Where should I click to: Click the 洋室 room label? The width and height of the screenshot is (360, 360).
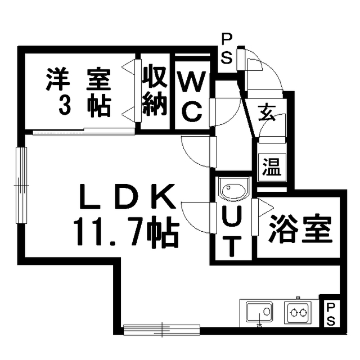tap(79, 79)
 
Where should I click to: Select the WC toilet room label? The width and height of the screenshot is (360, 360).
tap(192, 97)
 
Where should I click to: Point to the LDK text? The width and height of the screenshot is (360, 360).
tap(127, 196)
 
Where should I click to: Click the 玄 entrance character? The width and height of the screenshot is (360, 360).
tap(267, 112)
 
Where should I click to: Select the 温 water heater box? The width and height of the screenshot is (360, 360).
tap(272, 167)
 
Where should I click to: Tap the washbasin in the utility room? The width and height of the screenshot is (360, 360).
tap(233, 188)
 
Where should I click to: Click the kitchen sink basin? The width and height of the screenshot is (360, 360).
tap(259, 312)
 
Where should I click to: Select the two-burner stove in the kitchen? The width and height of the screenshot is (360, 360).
tap(298, 313)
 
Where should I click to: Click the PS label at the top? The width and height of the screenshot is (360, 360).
tap(227, 49)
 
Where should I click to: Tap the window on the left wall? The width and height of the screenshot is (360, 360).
tap(21, 185)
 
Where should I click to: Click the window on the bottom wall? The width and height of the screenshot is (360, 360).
tap(161, 330)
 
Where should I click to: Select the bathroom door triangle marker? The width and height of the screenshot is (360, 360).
tap(265, 208)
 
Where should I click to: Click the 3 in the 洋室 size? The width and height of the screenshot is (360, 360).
tap(65, 106)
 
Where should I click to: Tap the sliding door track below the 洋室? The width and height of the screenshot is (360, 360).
tap(84, 132)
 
